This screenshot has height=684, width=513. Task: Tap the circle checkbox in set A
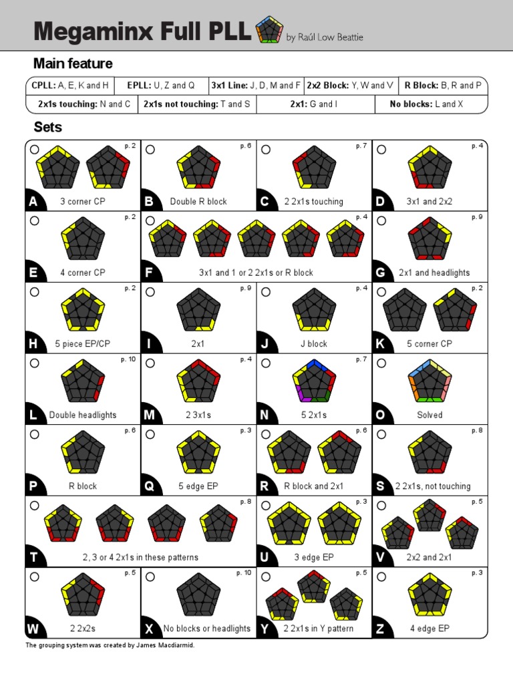click(35, 150)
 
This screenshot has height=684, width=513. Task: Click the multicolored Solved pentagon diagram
click(430, 381)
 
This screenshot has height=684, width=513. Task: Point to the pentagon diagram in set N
click(314, 381)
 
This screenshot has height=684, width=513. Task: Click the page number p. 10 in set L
click(128, 359)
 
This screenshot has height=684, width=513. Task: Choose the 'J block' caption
click(314, 344)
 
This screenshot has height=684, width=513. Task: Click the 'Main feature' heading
click(73, 63)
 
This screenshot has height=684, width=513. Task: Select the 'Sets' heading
click(48, 127)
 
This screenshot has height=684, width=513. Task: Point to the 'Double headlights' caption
click(83, 415)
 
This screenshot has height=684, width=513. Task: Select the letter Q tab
click(150, 486)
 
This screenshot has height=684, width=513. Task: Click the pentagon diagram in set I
click(198, 309)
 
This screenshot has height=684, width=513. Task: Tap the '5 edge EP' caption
click(198, 486)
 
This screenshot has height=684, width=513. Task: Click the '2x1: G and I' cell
click(313, 104)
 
